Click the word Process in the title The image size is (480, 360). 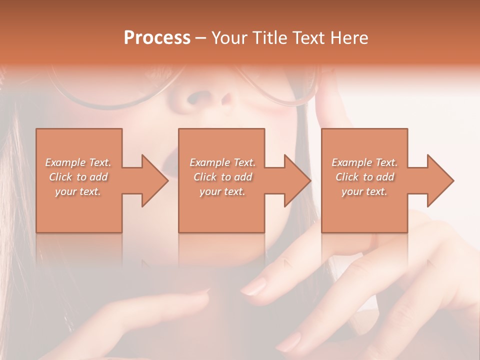157,37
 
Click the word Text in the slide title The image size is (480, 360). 309,37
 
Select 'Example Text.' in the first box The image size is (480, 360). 78,162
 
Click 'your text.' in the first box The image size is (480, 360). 78,191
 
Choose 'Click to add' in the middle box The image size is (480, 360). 222,177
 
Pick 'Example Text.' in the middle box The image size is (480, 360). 222,162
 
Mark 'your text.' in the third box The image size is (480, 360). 364,191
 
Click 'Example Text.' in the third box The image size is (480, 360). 364,162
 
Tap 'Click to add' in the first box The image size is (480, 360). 78,177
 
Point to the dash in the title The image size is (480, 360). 201,38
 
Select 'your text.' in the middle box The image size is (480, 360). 222,191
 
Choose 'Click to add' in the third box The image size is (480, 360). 364,177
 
